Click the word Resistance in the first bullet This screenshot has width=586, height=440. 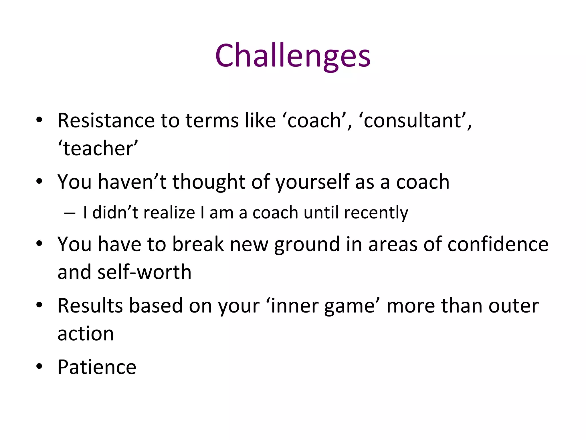click(106, 120)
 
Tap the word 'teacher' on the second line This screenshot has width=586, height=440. click(98, 148)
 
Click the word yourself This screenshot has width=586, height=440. click(312, 182)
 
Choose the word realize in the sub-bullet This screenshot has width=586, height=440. click(169, 213)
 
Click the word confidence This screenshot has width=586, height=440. click(498, 244)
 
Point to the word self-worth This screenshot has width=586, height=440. click(144, 272)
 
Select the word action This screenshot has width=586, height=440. click(86, 334)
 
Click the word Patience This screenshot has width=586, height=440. click(97, 367)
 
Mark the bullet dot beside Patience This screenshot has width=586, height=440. click(39, 366)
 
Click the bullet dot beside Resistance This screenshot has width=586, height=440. click(39, 120)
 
